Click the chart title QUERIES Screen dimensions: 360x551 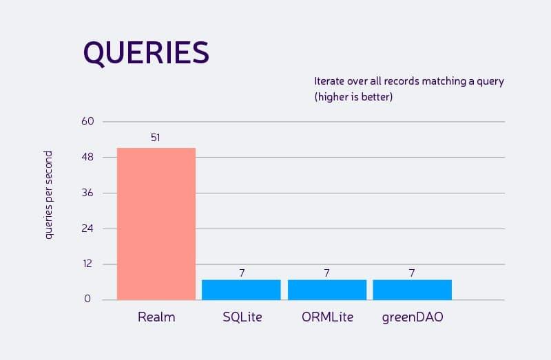[145, 53]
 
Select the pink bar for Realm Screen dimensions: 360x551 [156, 224]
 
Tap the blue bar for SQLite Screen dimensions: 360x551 [241, 290]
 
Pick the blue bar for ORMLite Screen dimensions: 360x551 [326, 290]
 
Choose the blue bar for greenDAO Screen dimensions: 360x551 [412, 290]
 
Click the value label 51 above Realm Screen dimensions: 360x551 [156, 138]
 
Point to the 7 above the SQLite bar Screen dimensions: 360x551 [242, 273]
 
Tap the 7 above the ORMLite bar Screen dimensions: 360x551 [326, 273]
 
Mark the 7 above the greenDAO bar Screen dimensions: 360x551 [412, 273]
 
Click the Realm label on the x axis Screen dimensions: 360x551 [156, 318]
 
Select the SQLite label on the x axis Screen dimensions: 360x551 [242, 318]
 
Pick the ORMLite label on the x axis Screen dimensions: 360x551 [327, 318]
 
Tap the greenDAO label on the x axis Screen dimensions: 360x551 [412, 318]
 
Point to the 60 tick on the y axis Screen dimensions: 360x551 [87, 122]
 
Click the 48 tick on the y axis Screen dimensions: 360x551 [87, 158]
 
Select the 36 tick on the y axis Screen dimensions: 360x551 [87, 193]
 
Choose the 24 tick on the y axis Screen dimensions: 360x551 [87, 229]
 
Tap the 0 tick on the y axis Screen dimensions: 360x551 [87, 299]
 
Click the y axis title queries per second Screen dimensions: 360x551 [49, 195]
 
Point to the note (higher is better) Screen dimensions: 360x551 [353, 97]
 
